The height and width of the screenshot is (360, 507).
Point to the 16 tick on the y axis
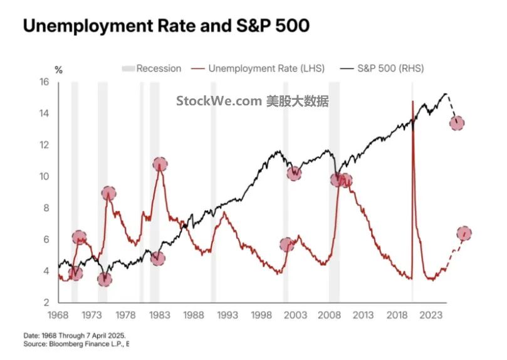pos(44,82)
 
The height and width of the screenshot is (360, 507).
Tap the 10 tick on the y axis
pos(44,176)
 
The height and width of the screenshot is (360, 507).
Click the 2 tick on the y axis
pos(46,302)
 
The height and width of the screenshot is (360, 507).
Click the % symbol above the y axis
pos(58,70)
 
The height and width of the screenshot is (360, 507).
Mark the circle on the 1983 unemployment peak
pos(160,165)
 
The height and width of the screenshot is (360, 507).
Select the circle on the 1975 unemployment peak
pos(108,193)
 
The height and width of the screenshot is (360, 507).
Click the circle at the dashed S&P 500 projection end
pos(457,123)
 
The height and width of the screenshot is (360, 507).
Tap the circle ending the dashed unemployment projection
pos(464,233)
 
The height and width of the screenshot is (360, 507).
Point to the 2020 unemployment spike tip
pos(412,102)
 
